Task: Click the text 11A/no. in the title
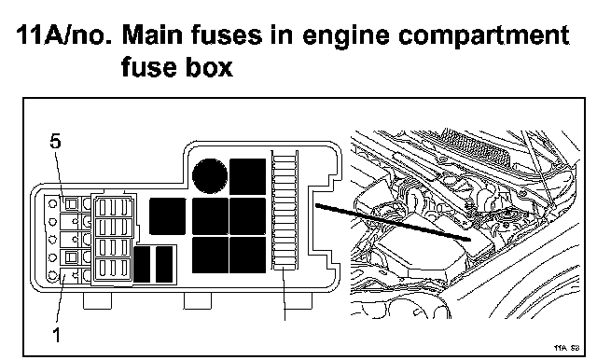(64, 35)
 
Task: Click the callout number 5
(55, 142)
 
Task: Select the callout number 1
(56, 335)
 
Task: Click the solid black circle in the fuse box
(210, 176)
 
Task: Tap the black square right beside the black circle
(247, 176)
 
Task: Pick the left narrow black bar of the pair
(142, 264)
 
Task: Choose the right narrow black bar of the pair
(164, 264)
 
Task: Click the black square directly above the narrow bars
(168, 216)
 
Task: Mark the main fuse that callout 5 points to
(71, 205)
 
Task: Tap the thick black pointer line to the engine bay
(394, 223)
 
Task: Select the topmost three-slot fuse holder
(113, 207)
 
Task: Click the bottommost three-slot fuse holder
(113, 269)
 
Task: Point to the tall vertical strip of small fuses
(285, 210)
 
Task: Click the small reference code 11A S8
(566, 348)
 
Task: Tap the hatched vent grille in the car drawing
(477, 148)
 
